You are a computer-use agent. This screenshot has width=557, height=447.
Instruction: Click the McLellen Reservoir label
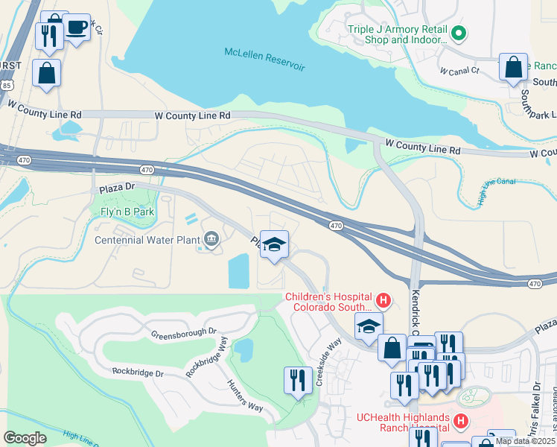(x=264, y=59)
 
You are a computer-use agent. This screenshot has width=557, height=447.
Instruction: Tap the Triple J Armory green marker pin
(x=459, y=33)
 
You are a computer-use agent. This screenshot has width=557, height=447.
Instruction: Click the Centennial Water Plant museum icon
(x=211, y=239)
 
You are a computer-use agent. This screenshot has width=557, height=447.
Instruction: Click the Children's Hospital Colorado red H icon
(x=383, y=301)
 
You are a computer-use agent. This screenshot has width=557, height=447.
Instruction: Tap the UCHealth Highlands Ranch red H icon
(x=461, y=422)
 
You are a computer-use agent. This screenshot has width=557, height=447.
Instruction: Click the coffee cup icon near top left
(x=77, y=28)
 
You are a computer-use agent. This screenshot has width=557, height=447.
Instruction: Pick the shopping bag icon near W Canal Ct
(x=514, y=67)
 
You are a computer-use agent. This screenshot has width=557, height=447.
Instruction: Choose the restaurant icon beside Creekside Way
(x=298, y=380)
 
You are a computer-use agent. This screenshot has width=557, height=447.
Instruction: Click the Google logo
(x=25, y=438)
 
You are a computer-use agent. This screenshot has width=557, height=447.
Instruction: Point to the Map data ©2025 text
(x=526, y=441)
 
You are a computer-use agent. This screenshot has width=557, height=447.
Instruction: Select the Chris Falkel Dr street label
(x=536, y=406)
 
